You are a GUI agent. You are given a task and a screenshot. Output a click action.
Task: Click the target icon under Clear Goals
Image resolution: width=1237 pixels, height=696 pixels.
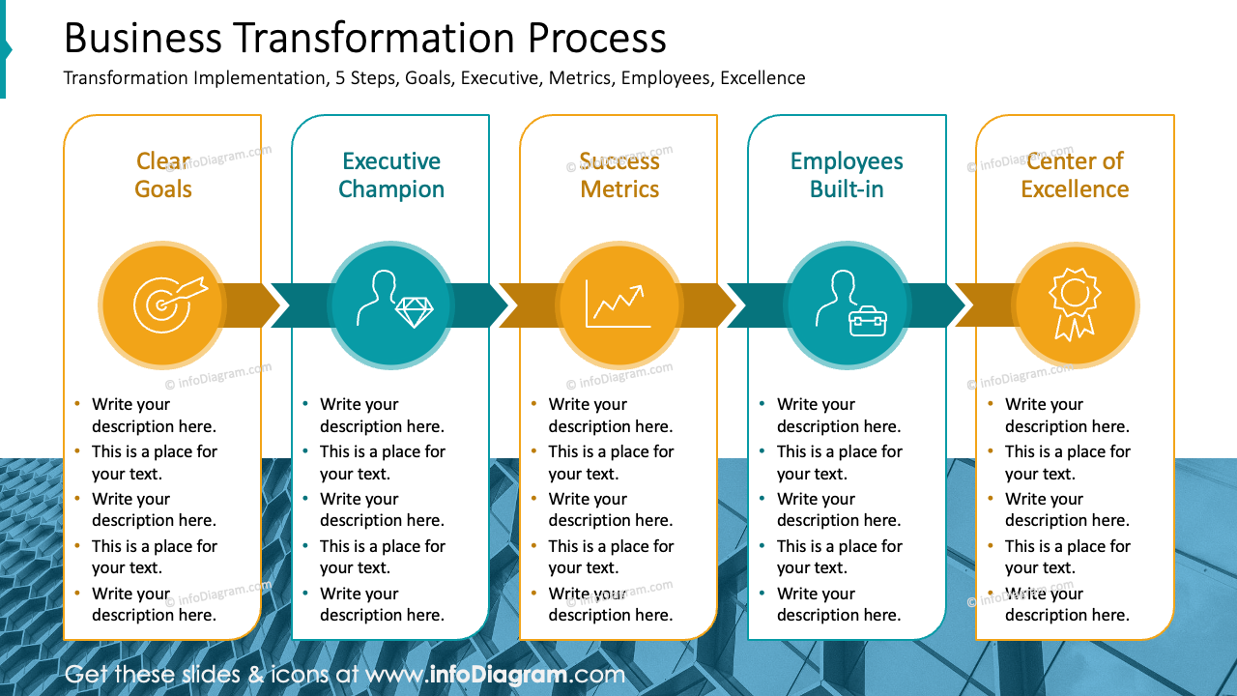coord(161,304)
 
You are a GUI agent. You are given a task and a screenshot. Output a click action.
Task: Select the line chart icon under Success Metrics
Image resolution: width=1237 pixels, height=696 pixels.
coord(618,304)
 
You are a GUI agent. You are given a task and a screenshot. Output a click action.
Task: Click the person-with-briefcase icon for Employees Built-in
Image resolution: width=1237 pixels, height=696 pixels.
coord(847,304)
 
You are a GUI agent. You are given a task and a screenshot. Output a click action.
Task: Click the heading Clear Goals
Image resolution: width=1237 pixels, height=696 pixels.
coord(162,175)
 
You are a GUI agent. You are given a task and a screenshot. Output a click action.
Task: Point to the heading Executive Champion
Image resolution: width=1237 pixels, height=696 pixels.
coord(390,175)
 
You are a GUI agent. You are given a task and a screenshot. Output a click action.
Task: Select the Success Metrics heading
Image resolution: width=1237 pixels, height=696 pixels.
coord(618,175)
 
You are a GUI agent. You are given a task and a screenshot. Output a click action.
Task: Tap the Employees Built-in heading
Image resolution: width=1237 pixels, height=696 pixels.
coord(847,175)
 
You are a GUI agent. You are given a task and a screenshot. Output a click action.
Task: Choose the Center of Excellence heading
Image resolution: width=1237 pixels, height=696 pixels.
coord(1075,175)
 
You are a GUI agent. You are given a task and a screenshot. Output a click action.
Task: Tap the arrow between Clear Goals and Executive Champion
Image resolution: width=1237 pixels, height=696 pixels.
coord(251,305)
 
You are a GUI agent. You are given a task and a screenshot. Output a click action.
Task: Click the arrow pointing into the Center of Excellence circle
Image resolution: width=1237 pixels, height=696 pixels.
coord(986,305)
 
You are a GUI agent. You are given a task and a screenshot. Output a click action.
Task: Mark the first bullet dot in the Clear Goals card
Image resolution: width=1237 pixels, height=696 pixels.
coord(76,404)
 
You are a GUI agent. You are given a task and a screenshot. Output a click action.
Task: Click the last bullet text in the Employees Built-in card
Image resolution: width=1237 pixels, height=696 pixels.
coord(838,604)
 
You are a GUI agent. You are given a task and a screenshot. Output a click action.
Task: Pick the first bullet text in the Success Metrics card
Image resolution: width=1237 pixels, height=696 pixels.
coord(610,416)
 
